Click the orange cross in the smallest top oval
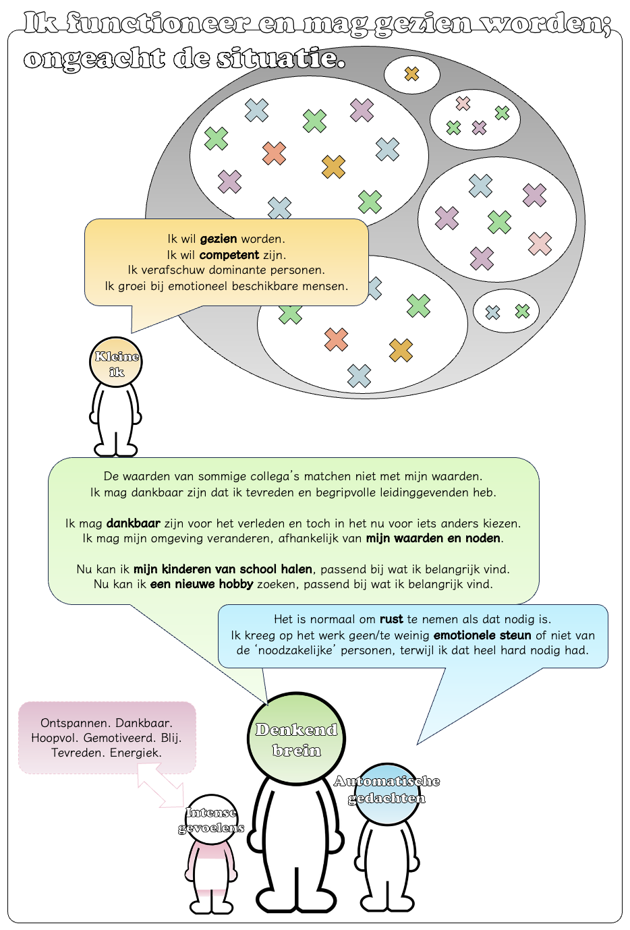(x=411, y=74)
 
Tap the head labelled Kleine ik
(x=116, y=362)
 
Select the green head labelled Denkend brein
(x=296, y=738)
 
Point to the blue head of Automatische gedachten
(x=386, y=794)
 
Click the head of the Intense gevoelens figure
(x=211, y=819)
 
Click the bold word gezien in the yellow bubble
(x=219, y=239)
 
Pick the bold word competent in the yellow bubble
(x=229, y=255)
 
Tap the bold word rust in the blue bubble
(x=391, y=619)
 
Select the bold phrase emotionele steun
(x=482, y=635)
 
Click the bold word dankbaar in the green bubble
(x=134, y=523)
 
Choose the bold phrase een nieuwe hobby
(x=202, y=584)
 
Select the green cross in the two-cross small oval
(x=522, y=311)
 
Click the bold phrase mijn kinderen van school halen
(x=223, y=569)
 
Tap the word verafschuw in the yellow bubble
(x=173, y=270)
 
